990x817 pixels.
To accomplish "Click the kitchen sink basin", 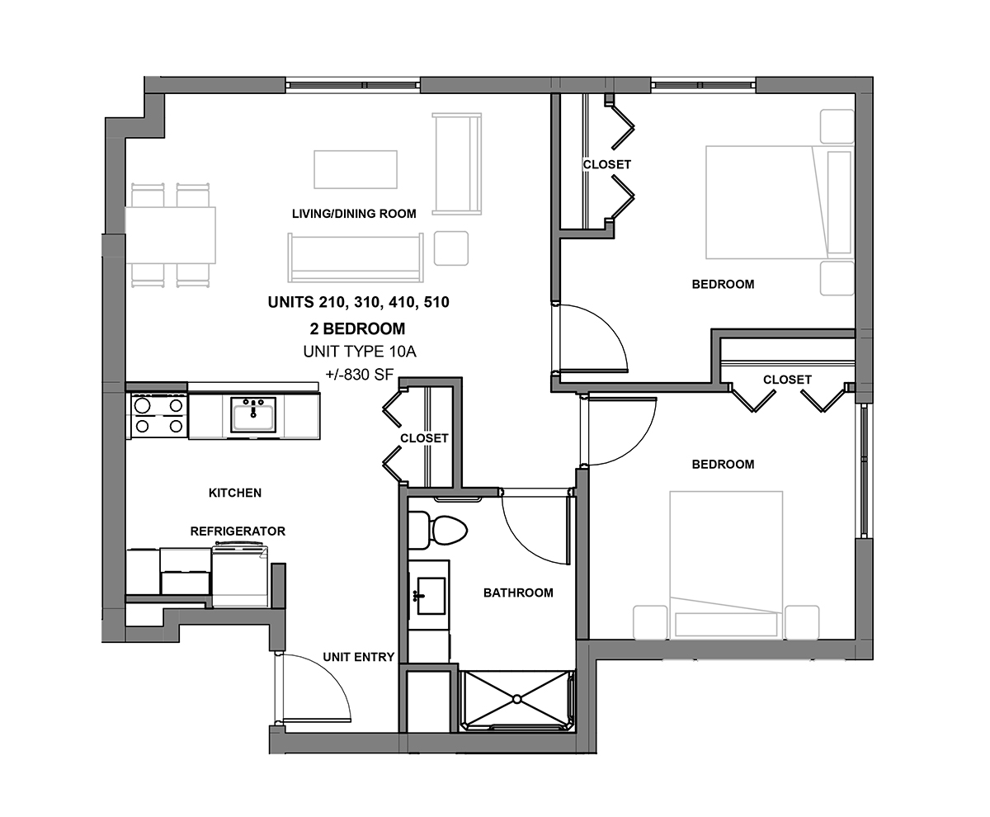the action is click(253, 414).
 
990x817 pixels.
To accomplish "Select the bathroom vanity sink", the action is click(431, 596).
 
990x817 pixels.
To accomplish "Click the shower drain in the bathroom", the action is click(516, 699).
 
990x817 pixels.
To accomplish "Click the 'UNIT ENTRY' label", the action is click(358, 657).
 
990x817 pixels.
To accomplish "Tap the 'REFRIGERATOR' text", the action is click(238, 531).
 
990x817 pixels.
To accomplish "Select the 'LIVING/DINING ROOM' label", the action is click(354, 214).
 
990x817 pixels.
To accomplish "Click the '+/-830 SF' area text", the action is click(360, 375).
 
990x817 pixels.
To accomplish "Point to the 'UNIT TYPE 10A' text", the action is click(360, 352).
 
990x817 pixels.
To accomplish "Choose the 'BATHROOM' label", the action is click(518, 593).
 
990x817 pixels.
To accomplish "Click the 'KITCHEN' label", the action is click(235, 493).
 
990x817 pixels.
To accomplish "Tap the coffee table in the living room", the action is click(356, 169).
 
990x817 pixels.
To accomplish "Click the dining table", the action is click(170, 235).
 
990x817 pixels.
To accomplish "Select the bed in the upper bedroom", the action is click(780, 202).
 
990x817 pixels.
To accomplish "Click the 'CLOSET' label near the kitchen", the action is click(424, 438).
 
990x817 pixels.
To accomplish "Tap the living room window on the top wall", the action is click(353, 85).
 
